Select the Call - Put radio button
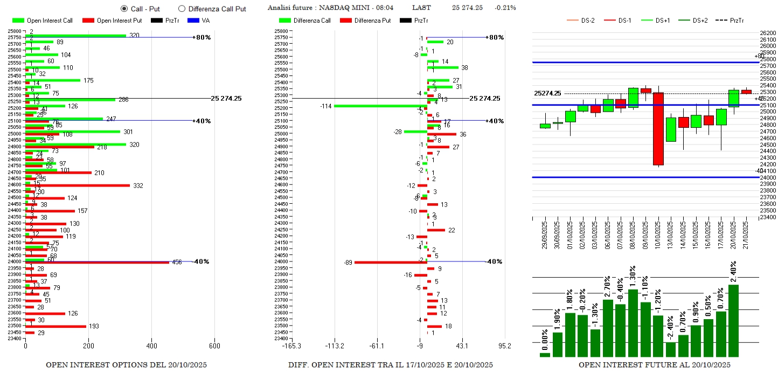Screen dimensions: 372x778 pyautogui.click(x=124, y=9)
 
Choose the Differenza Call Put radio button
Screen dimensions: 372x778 pyautogui.click(x=182, y=9)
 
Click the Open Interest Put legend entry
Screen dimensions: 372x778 pyautogui.click(x=112, y=20)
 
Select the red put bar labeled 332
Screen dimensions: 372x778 pyautogui.click(x=78, y=185)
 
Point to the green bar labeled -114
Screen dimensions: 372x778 pyautogui.click(x=380, y=106)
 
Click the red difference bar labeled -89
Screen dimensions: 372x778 pyautogui.click(x=390, y=263)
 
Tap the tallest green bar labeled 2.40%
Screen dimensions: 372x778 pyautogui.click(x=733, y=320)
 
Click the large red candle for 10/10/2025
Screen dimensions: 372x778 pyautogui.click(x=658, y=129)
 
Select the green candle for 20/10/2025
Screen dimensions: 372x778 pyautogui.click(x=733, y=98)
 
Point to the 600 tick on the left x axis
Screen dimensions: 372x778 pyautogui.click(x=214, y=346)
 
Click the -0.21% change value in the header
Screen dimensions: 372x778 pyautogui.click(x=505, y=8)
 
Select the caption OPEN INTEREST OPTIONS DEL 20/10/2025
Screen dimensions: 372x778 pyautogui.click(x=126, y=365)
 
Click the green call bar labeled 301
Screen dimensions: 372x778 pyautogui.click(x=73, y=131)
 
